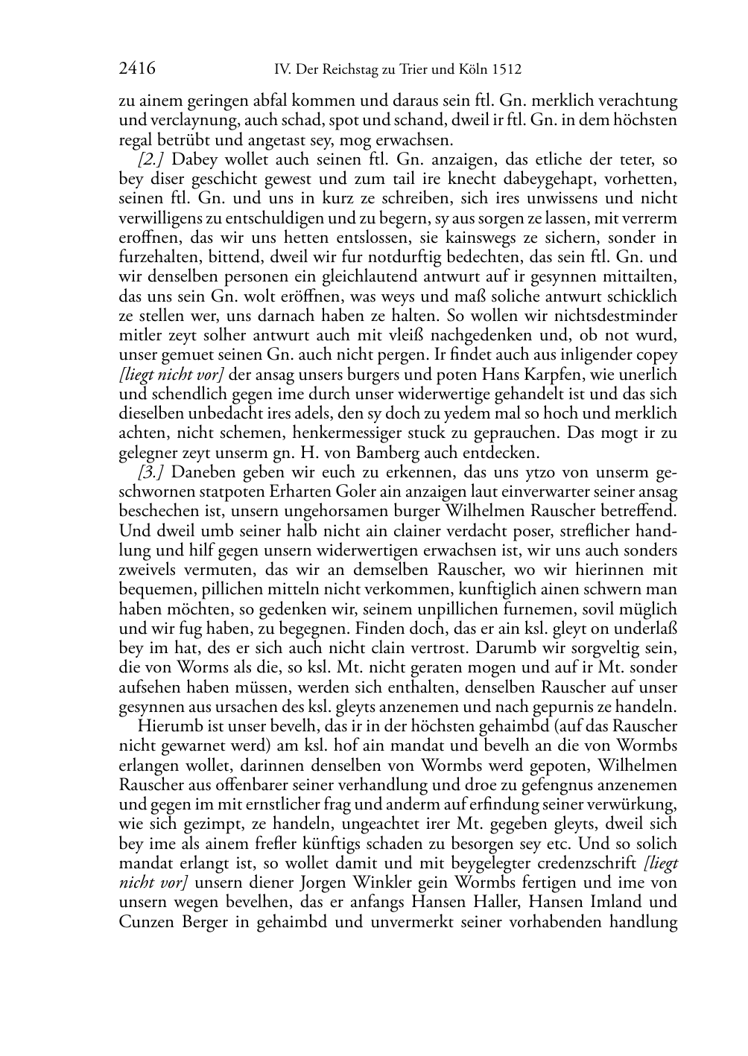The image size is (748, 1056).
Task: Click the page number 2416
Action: tap(137, 69)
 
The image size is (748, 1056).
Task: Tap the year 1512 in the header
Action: tap(506, 70)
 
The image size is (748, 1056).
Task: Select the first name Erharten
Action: tap(251, 492)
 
